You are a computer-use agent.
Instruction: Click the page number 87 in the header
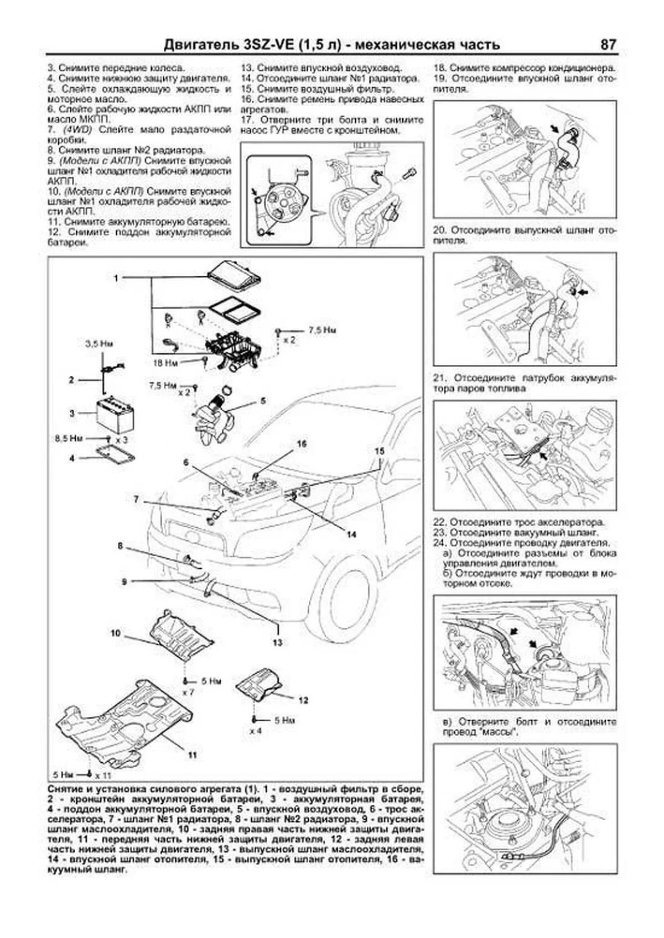(608, 44)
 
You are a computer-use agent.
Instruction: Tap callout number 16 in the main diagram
(301, 444)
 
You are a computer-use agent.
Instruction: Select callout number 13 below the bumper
(277, 642)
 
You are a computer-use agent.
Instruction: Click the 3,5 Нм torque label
(99, 343)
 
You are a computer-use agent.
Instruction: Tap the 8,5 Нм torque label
(69, 438)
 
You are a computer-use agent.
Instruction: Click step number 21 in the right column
(439, 379)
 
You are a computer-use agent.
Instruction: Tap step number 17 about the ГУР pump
(247, 120)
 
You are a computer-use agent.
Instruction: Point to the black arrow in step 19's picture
(554, 129)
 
